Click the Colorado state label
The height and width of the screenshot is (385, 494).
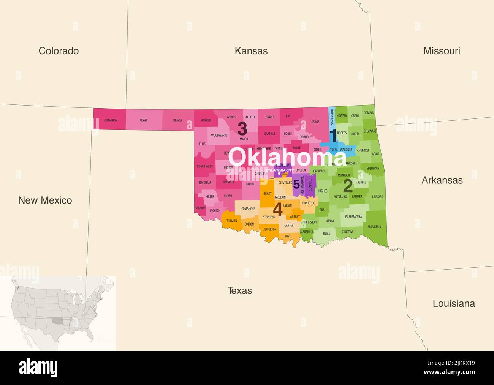pos(59,51)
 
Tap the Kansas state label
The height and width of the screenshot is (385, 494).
pos(251,51)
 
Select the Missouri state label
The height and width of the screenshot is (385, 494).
pos(442,51)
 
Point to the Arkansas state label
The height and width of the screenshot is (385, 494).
pos(442,180)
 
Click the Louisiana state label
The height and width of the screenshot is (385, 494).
pos(454,303)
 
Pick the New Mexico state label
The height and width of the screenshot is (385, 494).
pos(45,200)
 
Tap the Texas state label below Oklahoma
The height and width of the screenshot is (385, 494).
pos(239,291)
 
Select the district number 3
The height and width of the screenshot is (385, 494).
pos(242,129)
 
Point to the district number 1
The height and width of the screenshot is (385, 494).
pos(333,136)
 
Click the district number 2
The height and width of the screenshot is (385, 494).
pos(347,186)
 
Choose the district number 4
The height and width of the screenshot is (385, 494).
pos(278,209)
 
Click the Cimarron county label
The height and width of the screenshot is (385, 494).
pos(111,121)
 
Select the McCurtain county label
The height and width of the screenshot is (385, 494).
pos(374,227)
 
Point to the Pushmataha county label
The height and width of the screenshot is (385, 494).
pos(353,217)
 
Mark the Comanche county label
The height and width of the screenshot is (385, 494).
pos(248,209)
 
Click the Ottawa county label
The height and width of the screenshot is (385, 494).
pos(368,113)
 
